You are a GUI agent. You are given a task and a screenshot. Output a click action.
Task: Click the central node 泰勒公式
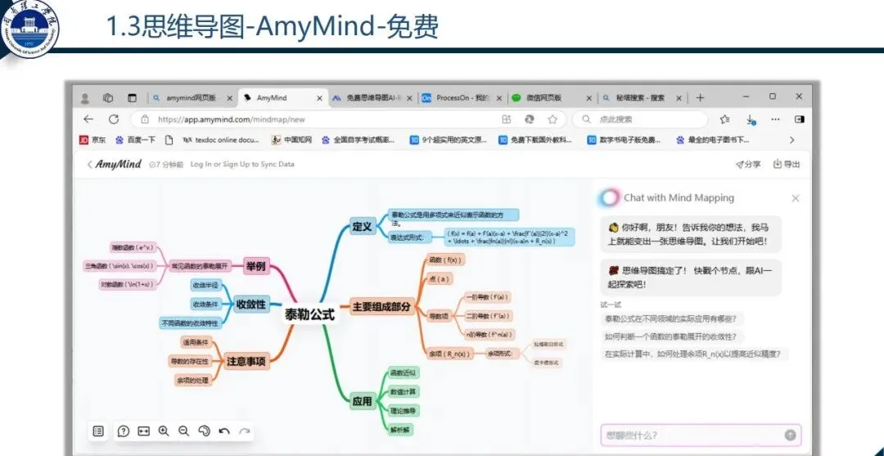tap(309, 314)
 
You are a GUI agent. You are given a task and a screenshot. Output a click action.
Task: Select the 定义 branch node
tap(361, 226)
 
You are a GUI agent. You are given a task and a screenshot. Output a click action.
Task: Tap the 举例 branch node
tap(256, 266)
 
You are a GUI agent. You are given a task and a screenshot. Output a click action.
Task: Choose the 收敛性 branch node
tap(250, 304)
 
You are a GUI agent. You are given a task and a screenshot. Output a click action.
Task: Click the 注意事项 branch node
tap(246, 359)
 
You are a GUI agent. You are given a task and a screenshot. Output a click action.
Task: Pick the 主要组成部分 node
tap(381, 307)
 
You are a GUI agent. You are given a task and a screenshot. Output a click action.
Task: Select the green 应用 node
tap(362, 401)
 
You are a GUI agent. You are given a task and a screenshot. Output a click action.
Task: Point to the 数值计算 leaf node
tap(403, 391)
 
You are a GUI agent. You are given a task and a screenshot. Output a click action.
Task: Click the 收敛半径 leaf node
tap(205, 285)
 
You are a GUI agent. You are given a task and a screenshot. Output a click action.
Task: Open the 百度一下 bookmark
tap(136, 140)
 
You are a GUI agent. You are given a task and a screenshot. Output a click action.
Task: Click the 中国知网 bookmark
tap(292, 140)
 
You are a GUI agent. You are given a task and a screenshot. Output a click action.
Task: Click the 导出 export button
tap(787, 165)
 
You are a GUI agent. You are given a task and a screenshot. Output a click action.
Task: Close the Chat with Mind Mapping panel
tap(796, 198)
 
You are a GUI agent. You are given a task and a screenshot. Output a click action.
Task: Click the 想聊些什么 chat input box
tap(692, 435)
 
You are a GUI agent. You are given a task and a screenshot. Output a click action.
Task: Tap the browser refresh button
tap(113, 120)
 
